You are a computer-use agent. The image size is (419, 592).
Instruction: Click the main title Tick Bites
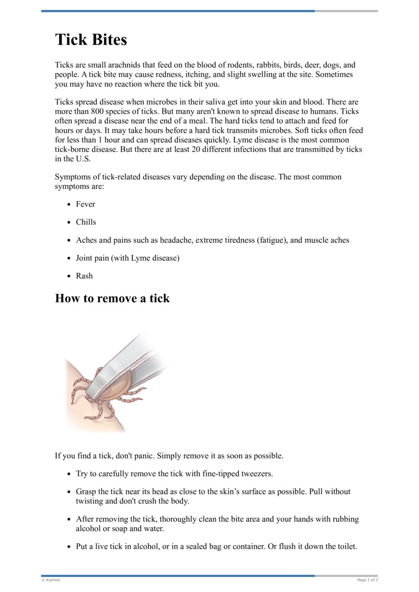[91, 40]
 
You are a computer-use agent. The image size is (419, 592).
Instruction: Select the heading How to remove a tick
[112, 298]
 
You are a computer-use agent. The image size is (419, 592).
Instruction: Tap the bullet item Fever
[85, 204]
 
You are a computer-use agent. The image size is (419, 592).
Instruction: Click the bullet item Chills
[86, 222]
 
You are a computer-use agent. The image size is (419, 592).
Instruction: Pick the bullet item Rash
[84, 276]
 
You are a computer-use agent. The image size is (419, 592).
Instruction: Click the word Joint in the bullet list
[86, 258]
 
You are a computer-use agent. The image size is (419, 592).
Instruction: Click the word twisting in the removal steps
[92, 500]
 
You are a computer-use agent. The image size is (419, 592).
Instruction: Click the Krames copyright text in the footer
[51, 580]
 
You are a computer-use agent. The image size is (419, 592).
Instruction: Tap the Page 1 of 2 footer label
[367, 580]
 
